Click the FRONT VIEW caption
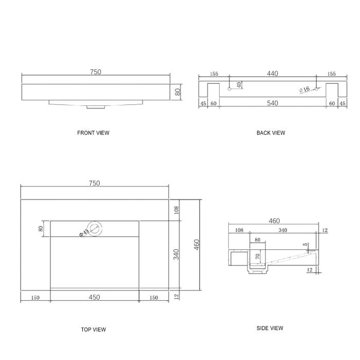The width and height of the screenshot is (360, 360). [x=93, y=133]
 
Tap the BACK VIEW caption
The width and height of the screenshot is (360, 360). [x=271, y=133]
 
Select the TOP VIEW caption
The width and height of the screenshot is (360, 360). [x=94, y=330]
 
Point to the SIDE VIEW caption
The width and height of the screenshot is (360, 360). [x=270, y=328]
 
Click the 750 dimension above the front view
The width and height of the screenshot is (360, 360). [x=96, y=72]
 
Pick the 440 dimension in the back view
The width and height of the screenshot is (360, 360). [x=273, y=74]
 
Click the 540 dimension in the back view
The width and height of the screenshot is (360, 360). [x=273, y=103]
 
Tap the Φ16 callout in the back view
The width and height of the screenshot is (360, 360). [x=304, y=89]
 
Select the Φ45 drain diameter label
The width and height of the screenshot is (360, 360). [x=84, y=232]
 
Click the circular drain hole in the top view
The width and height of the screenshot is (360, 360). [x=95, y=228]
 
